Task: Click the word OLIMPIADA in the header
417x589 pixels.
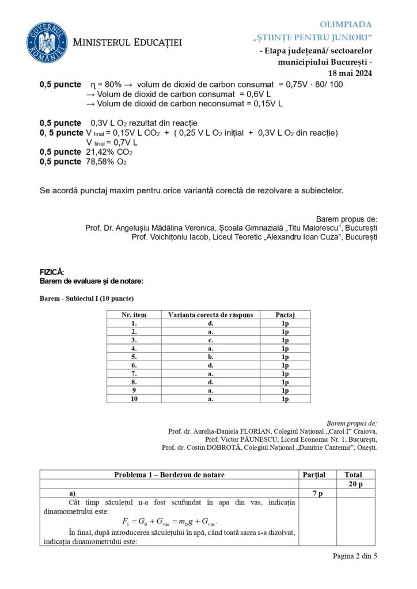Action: tap(346, 24)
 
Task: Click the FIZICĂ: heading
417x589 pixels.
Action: tap(52, 271)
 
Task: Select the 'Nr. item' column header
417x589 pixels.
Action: tap(134, 315)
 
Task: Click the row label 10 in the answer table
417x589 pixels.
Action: tap(134, 399)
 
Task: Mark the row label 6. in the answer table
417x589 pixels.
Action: tap(134, 365)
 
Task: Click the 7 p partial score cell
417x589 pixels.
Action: tap(317, 494)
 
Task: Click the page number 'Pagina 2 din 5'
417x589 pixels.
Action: tap(354, 556)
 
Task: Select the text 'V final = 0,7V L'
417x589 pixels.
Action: tap(112, 142)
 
